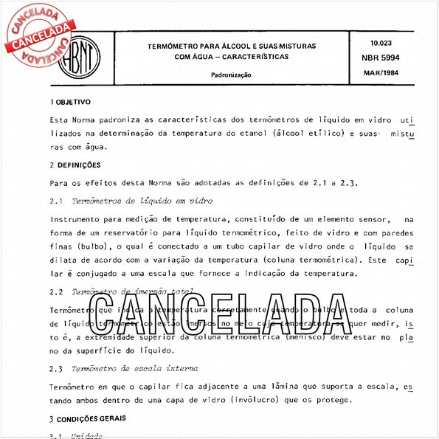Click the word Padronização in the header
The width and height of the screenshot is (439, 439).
(x=231, y=75)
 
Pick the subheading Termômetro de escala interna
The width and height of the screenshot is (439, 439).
(x=137, y=368)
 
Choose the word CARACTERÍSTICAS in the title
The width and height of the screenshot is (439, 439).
(x=251, y=57)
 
